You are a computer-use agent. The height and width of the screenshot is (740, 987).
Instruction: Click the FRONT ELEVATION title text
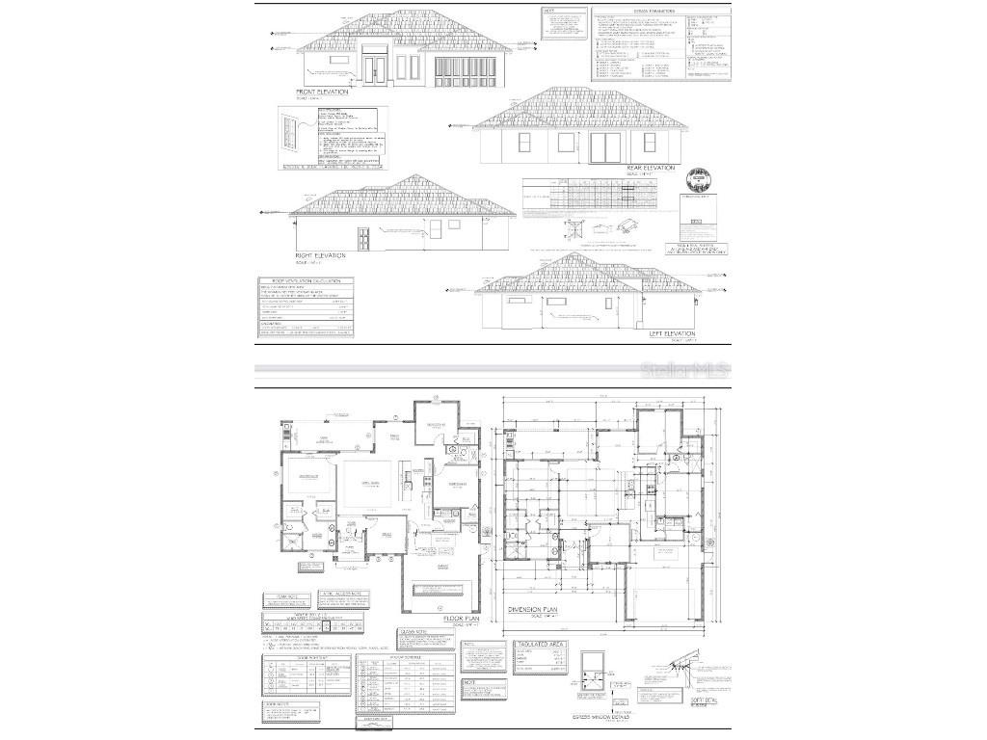point(322,92)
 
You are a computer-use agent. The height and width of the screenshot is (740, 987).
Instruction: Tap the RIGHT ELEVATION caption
point(320,255)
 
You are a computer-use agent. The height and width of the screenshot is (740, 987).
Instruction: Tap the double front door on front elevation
point(375,68)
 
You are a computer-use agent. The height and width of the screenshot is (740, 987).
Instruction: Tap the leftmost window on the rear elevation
point(524,143)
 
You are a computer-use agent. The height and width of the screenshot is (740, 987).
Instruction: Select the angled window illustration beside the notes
point(287,130)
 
